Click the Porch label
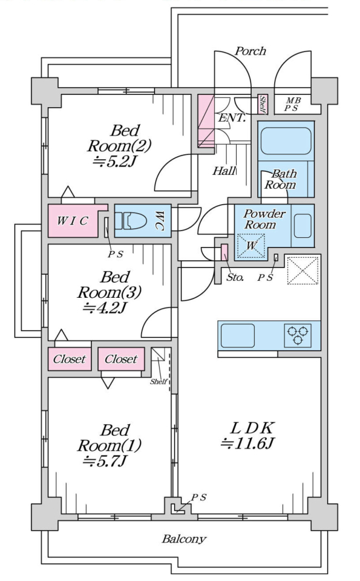pyautogui.click(x=250, y=51)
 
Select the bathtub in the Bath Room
pyautogui.click(x=286, y=141)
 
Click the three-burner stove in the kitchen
pyautogui.click(x=298, y=335)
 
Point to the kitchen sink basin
pyautogui.click(x=237, y=336)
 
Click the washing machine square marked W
pyautogui.click(x=251, y=246)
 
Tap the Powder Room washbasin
pyautogui.click(x=303, y=226)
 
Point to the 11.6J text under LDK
pyautogui.click(x=247, y=443)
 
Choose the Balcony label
pyautogui.click(x=184, y=539)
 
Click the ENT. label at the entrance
pyautogui.click(x=232, y=118)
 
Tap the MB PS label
pyautogui.click(x=293, y=105)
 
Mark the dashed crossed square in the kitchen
pyautogui.click(x=303, y=270)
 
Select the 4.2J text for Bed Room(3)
pyautogui.click(x=105, y=307)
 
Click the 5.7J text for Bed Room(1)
pyautogui.click(x=105, y=461)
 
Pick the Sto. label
pyautogui.click(x=235, y=277)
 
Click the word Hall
pyautogui.click(x=224, y=171)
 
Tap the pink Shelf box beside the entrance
pyautogui.click(x=262, y=105)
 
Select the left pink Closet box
pyautogui.click(x=70, y=359)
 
